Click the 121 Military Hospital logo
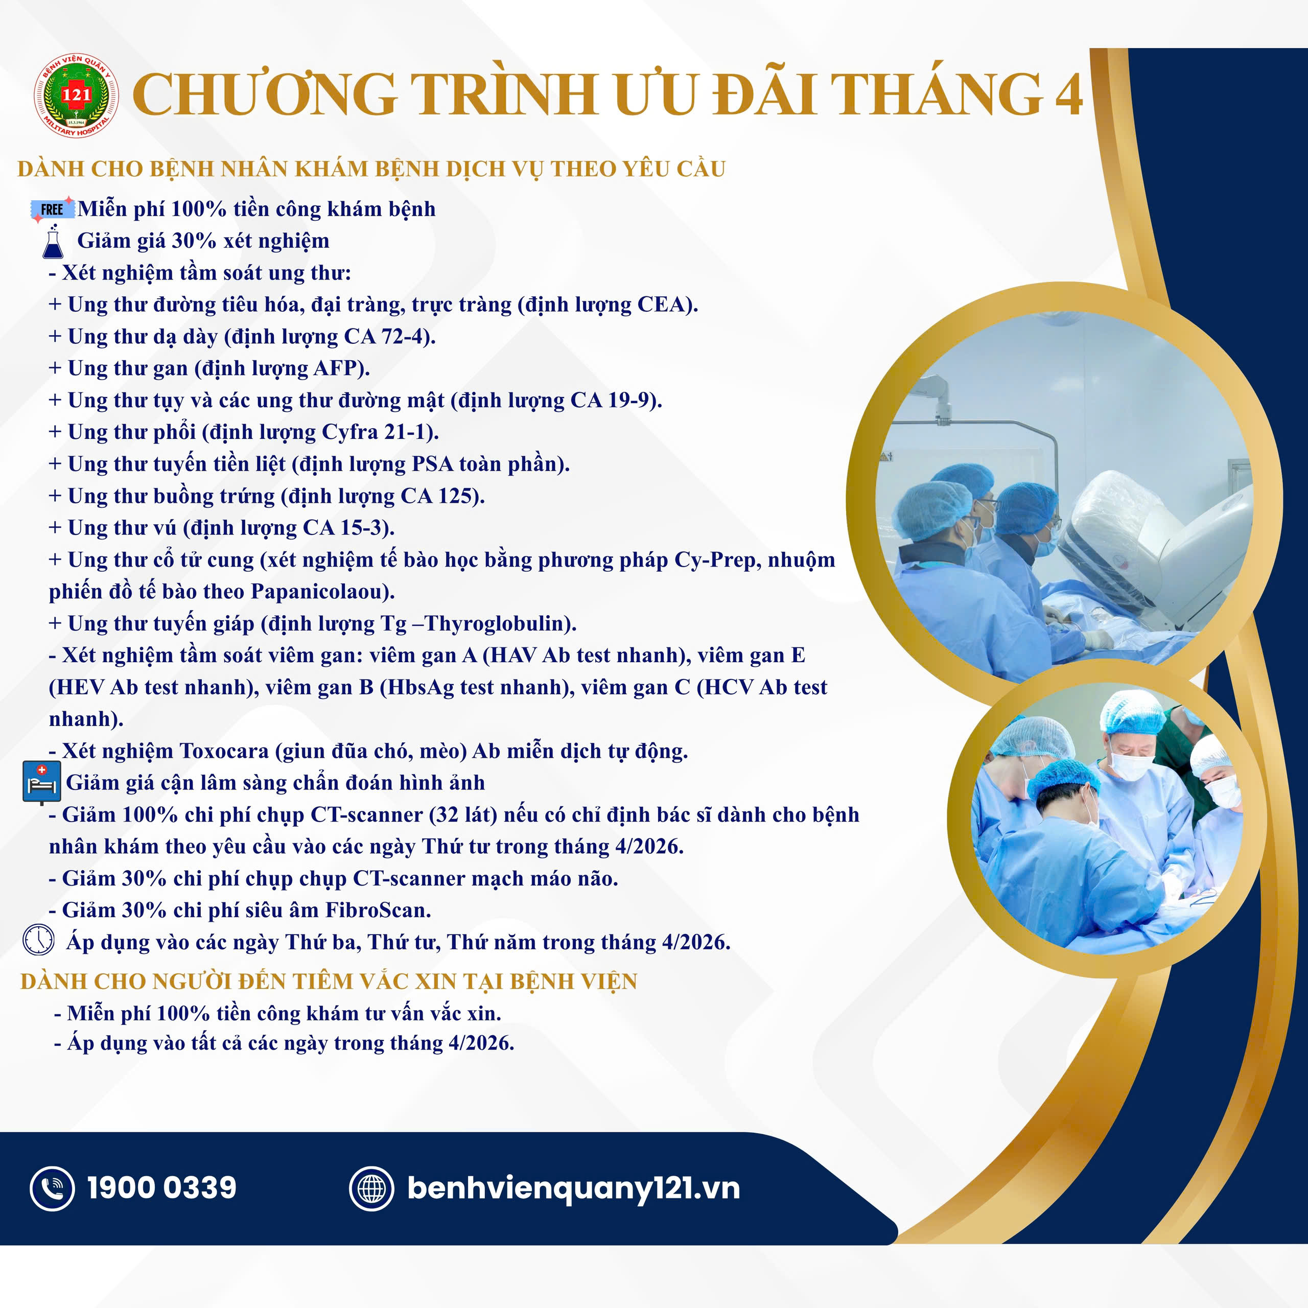pos(77,96)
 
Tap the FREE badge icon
pos(52,209)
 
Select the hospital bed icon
pos(41,784)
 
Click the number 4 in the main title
pos(1069,95)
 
